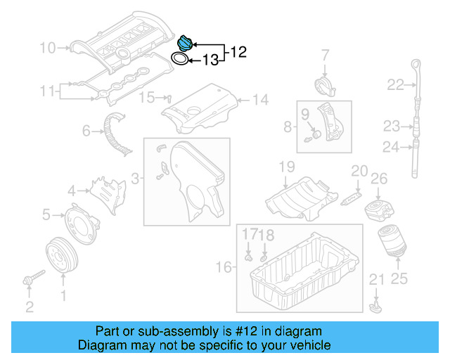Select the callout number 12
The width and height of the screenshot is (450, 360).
pos(238,51)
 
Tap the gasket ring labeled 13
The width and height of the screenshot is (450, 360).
pos(181,59)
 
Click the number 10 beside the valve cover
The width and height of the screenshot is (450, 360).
pos(48,48)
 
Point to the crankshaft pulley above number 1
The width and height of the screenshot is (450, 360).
pos(62,256)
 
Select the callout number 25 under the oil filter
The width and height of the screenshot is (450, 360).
pos(399,278)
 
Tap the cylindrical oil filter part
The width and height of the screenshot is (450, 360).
pos(388,243)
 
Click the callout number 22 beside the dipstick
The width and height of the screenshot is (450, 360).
pos(395,85)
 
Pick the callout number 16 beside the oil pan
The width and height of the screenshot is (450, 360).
pos(224,267)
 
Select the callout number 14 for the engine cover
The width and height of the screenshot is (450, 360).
pos(261,100)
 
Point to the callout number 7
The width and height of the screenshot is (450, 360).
pos(326,55)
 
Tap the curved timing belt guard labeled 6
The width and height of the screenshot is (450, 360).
pos(115,134)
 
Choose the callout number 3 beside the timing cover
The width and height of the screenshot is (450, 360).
pos(137,175)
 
